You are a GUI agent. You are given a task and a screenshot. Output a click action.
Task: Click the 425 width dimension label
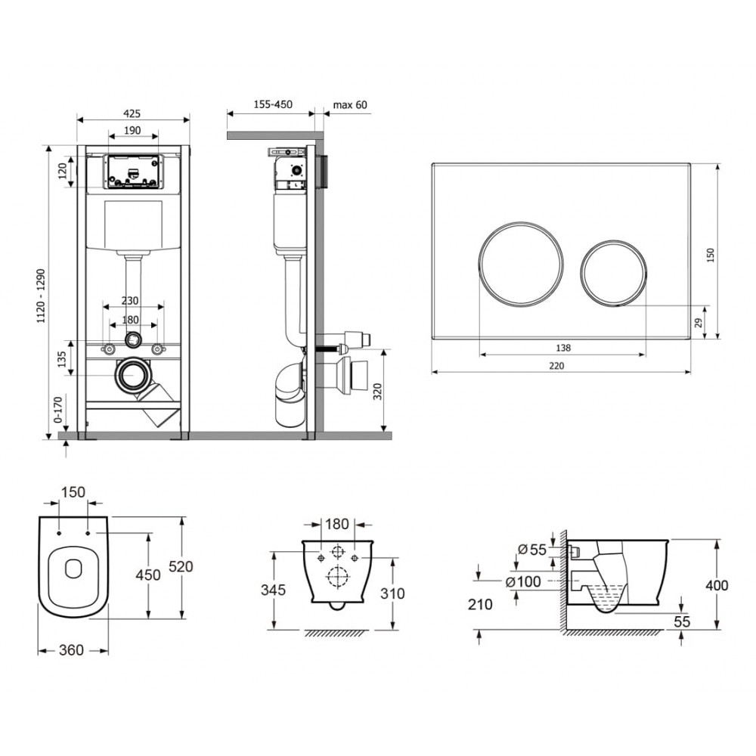[132, 113]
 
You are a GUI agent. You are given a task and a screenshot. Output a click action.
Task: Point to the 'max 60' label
[349, 104]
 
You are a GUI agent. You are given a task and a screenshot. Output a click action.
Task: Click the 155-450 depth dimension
[273, 104]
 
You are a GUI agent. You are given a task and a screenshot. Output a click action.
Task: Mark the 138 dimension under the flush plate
[562, 348]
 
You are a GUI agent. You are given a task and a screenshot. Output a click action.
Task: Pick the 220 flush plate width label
[556, 365]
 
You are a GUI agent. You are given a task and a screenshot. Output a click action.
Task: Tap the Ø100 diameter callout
[523, 582]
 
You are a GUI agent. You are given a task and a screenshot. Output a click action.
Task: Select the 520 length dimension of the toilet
[181, 566]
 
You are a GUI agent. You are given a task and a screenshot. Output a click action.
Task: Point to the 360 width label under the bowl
[71, 650]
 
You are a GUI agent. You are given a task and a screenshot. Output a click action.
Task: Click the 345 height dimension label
[274, 590]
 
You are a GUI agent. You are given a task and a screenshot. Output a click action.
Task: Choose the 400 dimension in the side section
[717, 585]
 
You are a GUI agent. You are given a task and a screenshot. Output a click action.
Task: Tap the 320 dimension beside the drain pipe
[377, 391]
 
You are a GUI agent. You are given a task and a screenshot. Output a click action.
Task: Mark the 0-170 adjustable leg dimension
[58, 410]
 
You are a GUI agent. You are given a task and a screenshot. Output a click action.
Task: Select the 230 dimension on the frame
[130, 300]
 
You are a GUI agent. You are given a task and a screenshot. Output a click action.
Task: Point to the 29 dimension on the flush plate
[699, 323]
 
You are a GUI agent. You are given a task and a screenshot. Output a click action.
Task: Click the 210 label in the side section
[480, 605]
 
